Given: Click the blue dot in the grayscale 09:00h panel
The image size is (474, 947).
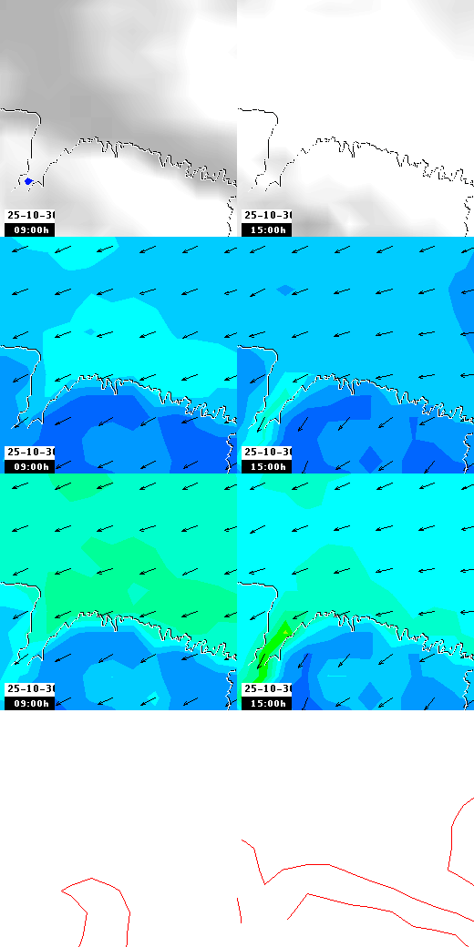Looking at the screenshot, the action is click(28, 181).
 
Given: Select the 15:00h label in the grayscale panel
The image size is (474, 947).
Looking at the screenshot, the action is click(266, 229).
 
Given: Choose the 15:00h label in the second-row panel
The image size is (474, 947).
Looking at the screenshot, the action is click(266, 466).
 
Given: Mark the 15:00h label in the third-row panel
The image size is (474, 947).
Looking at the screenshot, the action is click(266, 703).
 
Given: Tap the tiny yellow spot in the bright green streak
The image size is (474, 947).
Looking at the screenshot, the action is click(285, 628).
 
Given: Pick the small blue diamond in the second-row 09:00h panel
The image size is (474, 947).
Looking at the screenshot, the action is click(89, 332).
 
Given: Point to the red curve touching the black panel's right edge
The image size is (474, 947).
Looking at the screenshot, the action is click(456, 838).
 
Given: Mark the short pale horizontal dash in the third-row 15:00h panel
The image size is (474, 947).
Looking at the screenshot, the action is click(337, 676).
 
